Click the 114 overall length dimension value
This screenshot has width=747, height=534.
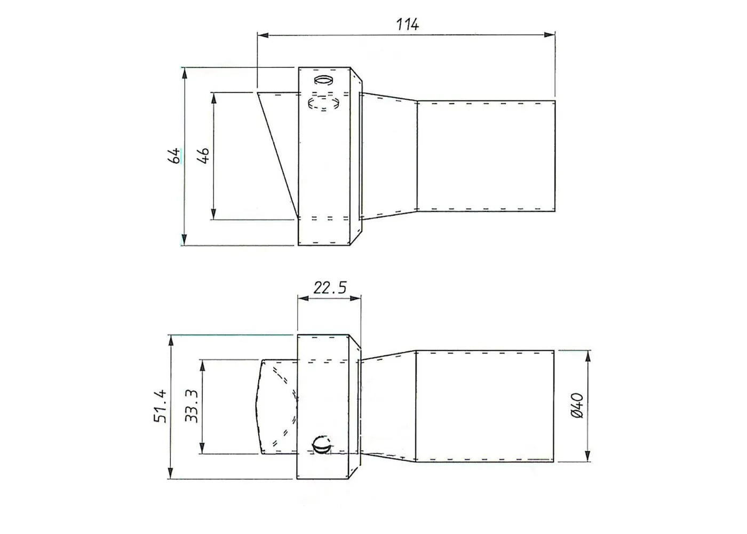point(408,24)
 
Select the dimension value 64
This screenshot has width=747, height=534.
point(174,156)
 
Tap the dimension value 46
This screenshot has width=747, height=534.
point(203,155)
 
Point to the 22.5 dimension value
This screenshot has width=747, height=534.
point(329,288)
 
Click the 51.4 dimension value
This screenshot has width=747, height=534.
point(161,406)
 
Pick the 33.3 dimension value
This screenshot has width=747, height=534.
point(192,406)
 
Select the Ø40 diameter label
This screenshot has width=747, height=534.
point(577,406)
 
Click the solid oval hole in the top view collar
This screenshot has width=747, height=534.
point(323,80)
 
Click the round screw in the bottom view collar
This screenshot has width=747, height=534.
point(322,444)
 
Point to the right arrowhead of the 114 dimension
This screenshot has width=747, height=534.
point(550,35)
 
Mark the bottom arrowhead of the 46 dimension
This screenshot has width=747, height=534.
point(213,214)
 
